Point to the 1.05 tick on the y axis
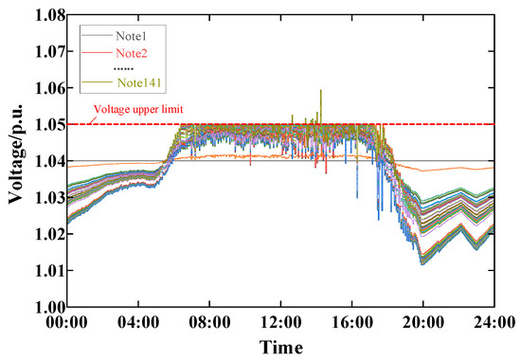45,124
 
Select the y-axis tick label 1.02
45,234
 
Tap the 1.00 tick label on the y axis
45,307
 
